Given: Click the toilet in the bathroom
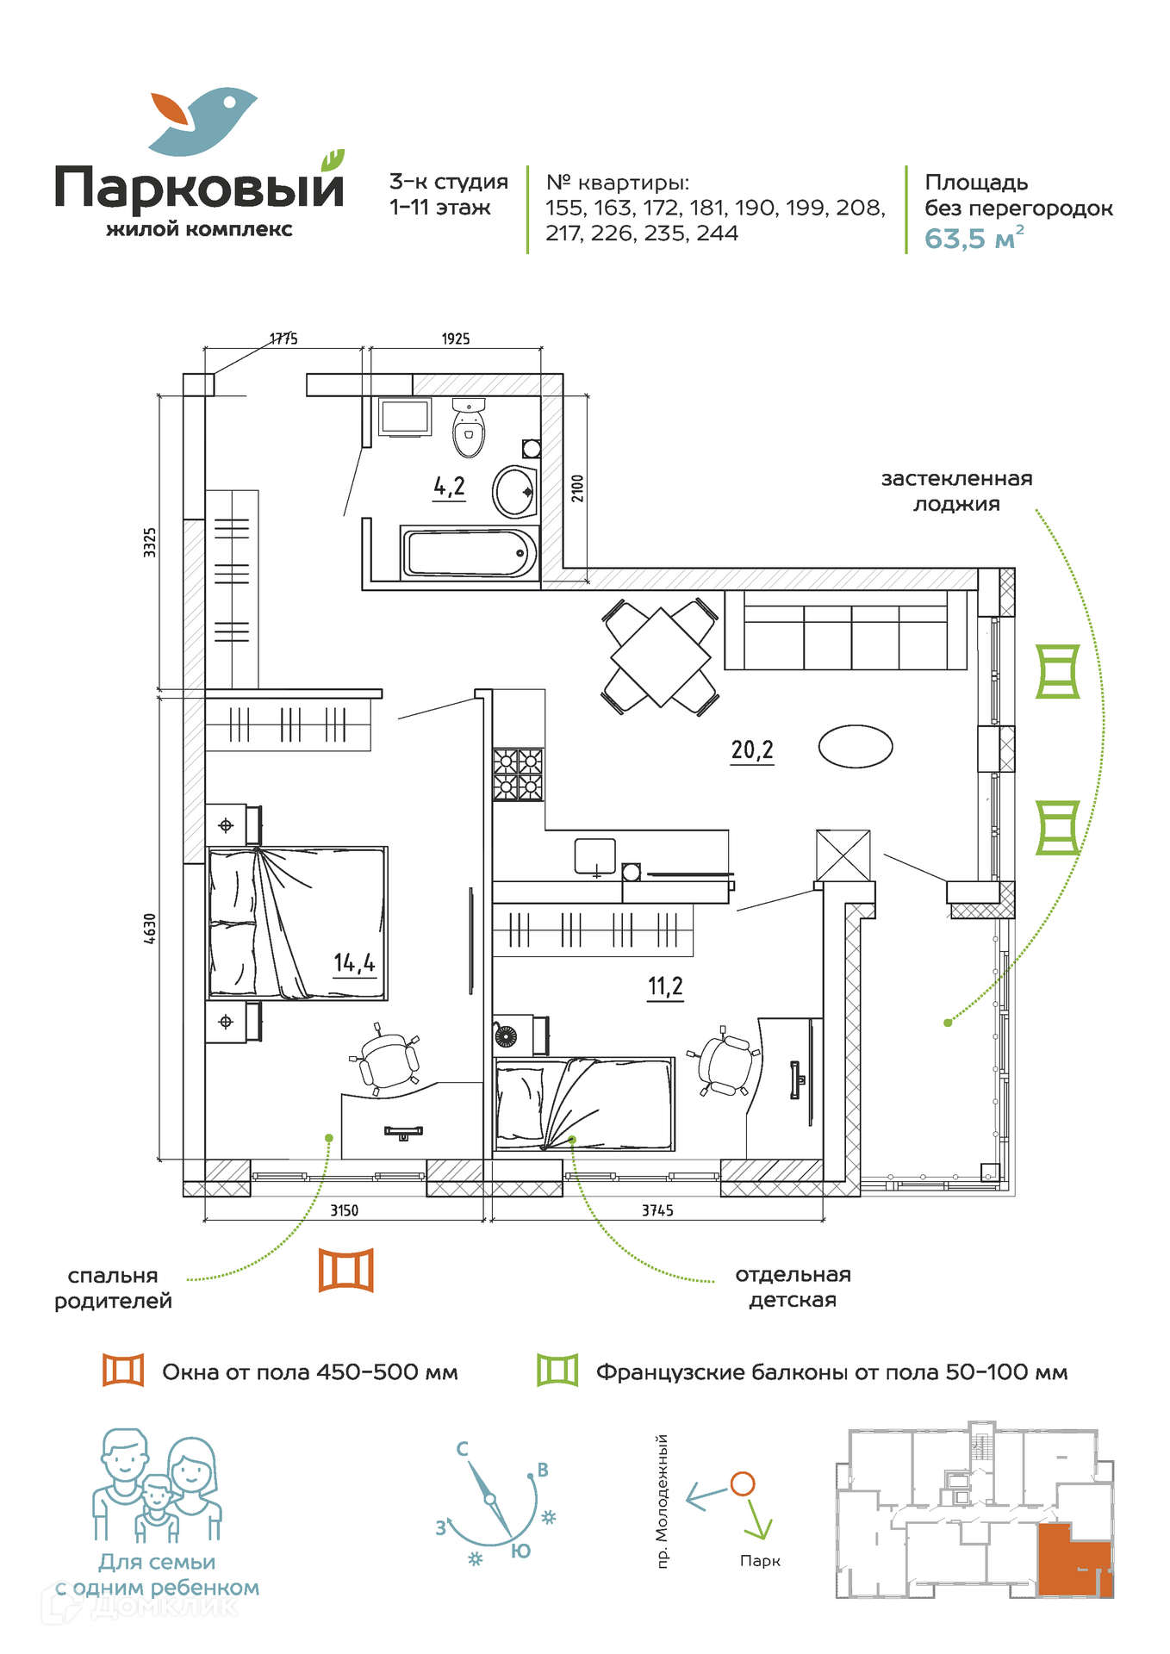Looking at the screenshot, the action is (469, 427).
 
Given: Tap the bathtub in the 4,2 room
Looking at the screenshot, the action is (470, 553).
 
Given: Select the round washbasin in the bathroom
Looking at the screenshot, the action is (515, 491).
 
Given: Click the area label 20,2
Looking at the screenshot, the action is (752, 750).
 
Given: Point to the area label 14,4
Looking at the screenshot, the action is (355, 963).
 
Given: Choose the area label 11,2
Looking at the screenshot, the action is (665, 986).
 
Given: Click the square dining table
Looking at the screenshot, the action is (661, 657).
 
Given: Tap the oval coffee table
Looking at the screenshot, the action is (856, 746).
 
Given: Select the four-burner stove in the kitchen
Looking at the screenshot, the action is (519, 774).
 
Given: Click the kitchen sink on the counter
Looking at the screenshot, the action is (595, 857).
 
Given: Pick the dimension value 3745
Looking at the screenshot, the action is (657, 1210).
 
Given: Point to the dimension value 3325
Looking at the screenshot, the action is (150, 543).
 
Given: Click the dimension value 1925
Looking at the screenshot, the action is (456, 339).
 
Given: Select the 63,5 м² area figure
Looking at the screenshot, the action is (974, 238).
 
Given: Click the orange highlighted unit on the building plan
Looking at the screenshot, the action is (1075, 1560).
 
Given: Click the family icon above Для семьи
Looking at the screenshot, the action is (157, 1486).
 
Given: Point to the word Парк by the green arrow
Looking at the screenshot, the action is (760, 1561).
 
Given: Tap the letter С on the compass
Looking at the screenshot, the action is (463, 1449).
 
